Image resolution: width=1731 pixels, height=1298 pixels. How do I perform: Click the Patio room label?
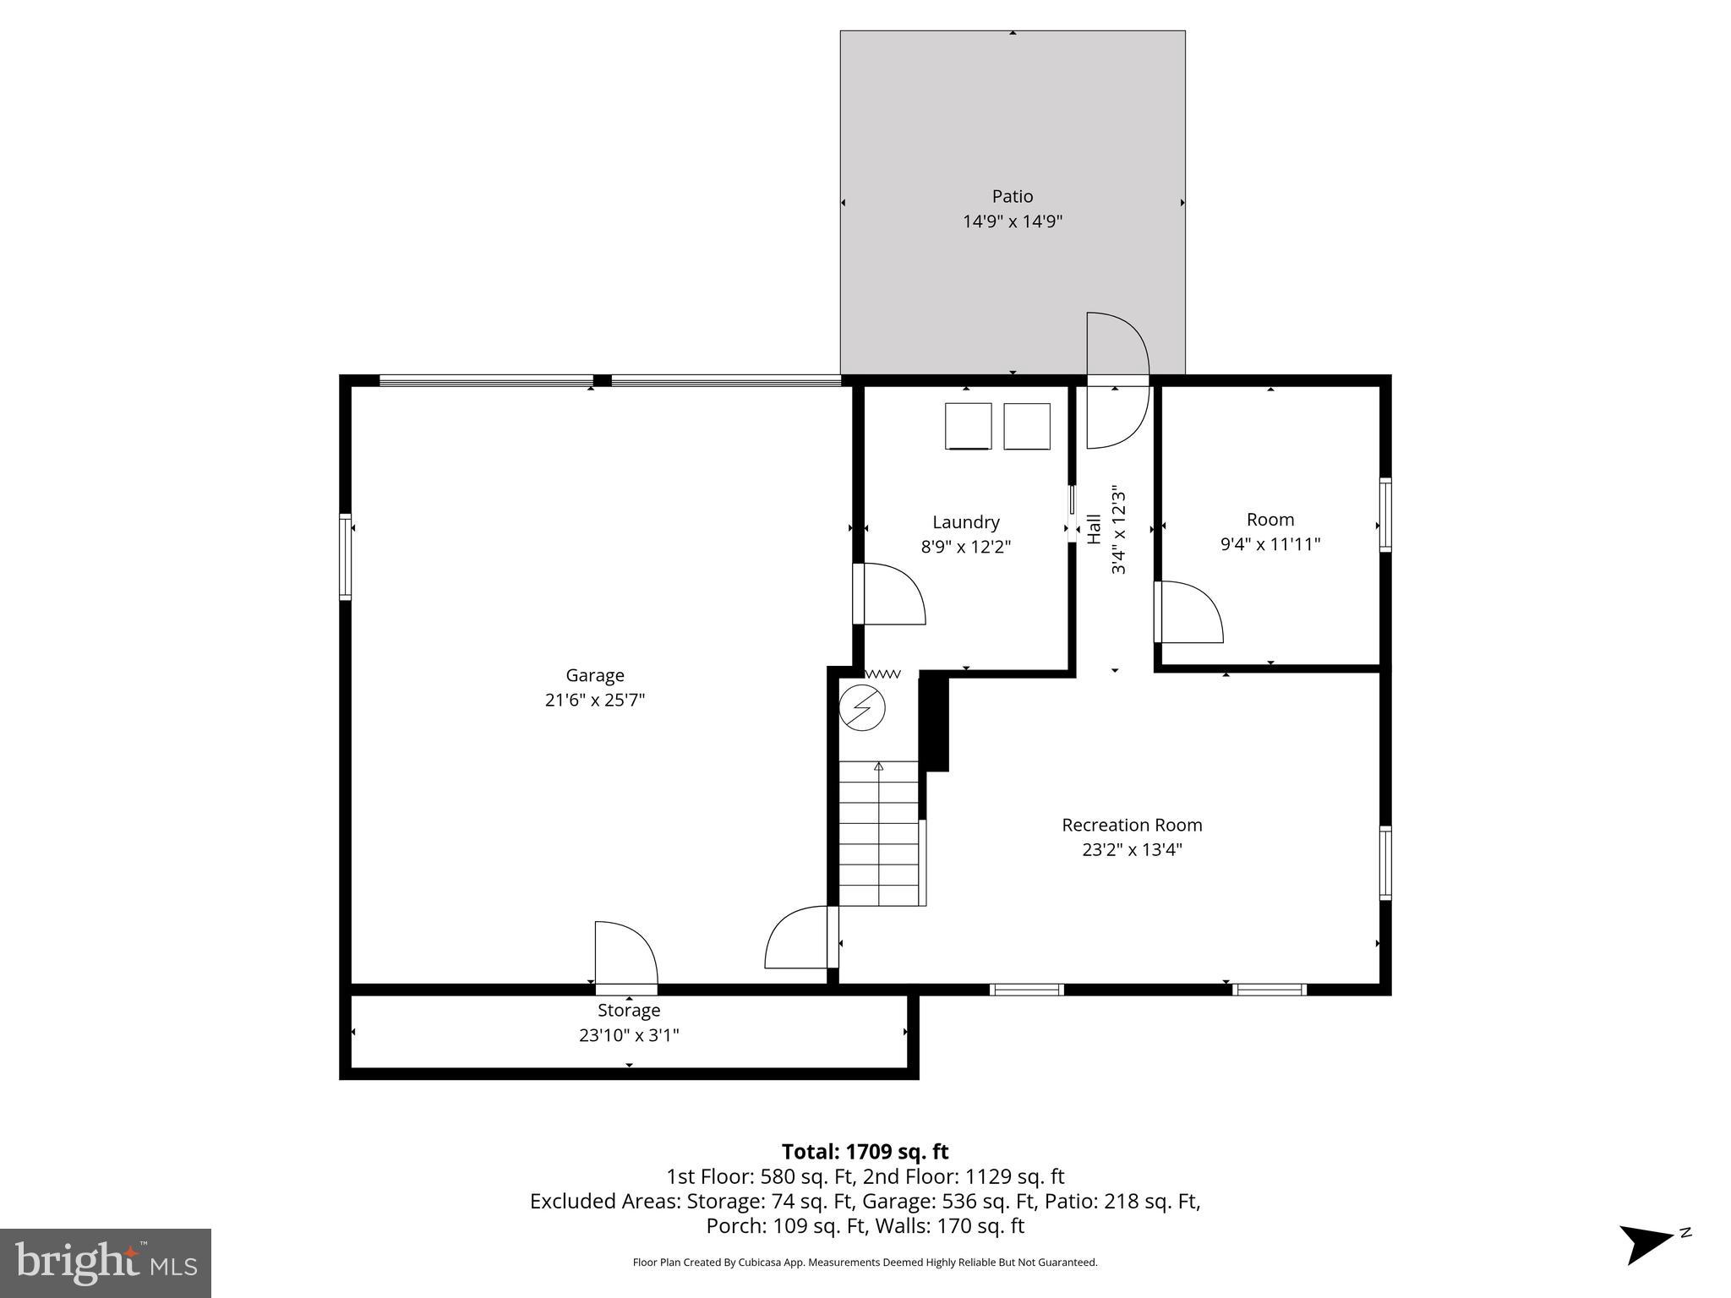(1012, 196)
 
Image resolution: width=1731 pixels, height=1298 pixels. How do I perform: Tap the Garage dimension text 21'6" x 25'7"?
(595, 700)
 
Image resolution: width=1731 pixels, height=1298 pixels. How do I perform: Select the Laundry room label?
(965, 522)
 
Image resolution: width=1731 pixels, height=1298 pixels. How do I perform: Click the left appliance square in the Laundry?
(968, 426)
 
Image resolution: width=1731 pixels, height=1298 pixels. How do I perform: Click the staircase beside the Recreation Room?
(878, 833)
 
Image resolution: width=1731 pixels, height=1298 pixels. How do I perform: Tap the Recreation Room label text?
(1131, 825)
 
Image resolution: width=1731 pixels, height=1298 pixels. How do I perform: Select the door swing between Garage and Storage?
(625, 955)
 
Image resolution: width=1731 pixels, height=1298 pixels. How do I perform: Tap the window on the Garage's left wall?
(345, 557)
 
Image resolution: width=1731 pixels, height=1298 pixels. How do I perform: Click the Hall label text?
(1094, 529)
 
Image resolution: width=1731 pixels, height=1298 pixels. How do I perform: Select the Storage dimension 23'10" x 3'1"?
(629, 1035)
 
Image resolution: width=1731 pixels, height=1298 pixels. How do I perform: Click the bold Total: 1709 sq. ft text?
(865, 1152)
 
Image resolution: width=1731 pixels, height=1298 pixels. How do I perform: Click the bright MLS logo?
(106, 1263)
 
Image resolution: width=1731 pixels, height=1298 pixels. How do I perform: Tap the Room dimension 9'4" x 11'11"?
(1270, 544)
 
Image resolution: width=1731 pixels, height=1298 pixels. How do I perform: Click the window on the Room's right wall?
(1385, 515)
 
